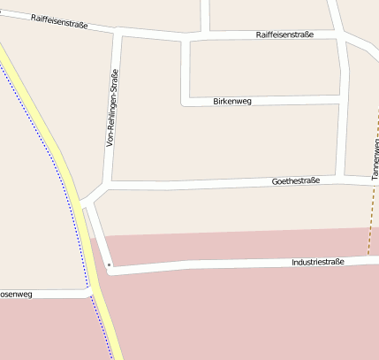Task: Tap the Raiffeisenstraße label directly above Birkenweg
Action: pyautogui.click(x=285, y=34)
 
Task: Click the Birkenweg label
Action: pyautogui.click(x=232, y=102)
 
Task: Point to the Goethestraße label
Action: pyautogui.click(x=296, y=180)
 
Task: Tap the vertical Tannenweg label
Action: pyautogui.click(x=375, y=160)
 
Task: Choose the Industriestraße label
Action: pyautogui.click(x=317, y=262)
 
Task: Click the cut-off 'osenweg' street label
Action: pyautogui.click(x=16, y=294)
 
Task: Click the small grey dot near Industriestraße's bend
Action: pyautogui.click(x=109, y=264)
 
